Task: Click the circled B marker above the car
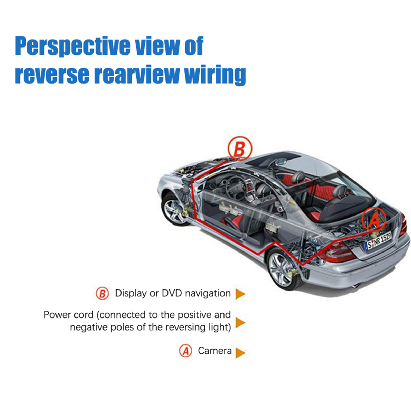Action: pos(240,148)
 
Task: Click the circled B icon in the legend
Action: pos(102,293)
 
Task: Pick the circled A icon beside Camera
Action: pos(185,351)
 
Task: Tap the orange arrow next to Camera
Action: pos(240,353)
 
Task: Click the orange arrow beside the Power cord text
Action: pos(240,322)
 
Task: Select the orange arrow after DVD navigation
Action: pos(240,294)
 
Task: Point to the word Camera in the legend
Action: pos(214,351)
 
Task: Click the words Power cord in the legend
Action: pos(68,315)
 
